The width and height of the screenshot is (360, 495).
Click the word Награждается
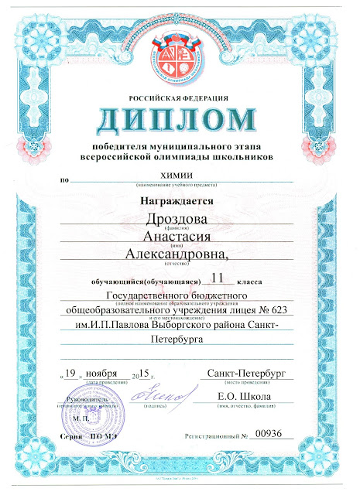point(177,200)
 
